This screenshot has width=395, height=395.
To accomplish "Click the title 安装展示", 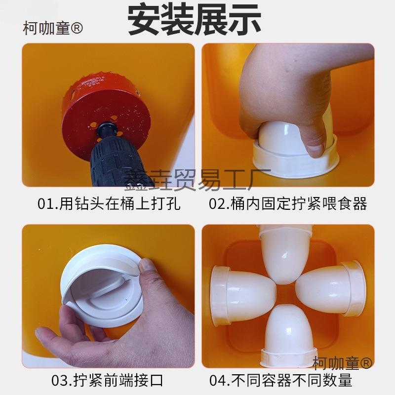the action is [x=194, y=19].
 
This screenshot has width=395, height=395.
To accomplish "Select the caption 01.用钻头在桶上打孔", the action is [x=109, y=203].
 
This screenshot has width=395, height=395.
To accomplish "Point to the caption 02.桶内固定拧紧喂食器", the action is [x=288, y=203].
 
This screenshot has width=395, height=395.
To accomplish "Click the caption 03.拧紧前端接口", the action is [x=107, y=380].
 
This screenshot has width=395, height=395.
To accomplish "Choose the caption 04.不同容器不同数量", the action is [x=280, y=380].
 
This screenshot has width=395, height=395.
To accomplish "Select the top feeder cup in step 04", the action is [x=286, y=253].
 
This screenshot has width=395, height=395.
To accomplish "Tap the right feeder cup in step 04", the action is [x=330, y=288].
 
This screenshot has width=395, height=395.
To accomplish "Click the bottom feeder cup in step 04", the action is [x=288, y=335].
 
